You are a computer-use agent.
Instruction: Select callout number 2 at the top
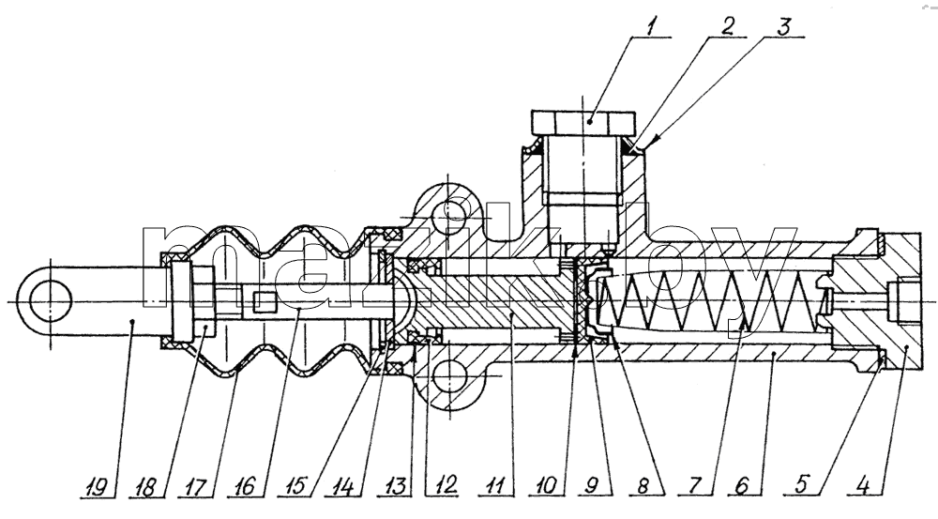point(727,27)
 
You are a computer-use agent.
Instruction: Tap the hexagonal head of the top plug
point(583,123)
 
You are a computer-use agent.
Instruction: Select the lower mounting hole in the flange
point(449,377)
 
